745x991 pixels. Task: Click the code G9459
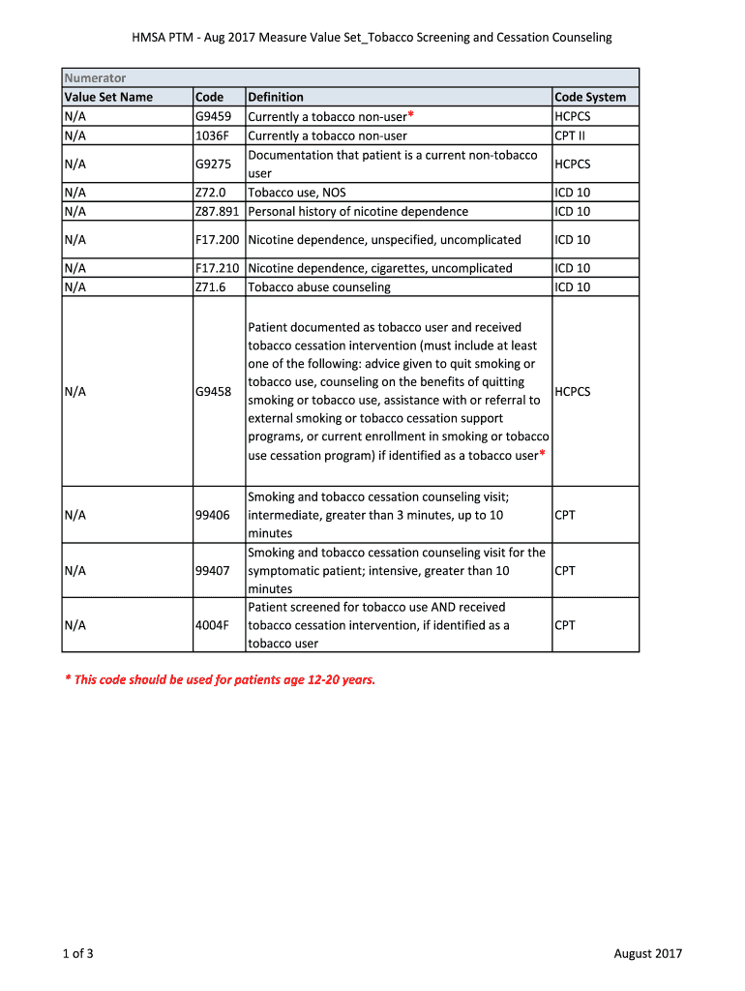213,116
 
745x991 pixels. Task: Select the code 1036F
212,135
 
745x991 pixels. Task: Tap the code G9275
213,165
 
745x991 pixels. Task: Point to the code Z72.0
210,193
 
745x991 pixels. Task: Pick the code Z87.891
218,211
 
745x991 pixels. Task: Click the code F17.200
218,239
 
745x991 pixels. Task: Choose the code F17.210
218,268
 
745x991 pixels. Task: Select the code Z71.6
210,286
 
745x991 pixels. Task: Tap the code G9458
213,392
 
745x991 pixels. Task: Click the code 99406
213,515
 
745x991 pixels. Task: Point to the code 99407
213,571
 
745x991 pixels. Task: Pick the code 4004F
212,625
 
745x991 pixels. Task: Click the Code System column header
590,97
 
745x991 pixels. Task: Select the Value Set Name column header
108,97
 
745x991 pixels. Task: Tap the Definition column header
276,97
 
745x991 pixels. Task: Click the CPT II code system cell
570,135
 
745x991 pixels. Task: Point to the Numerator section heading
95,77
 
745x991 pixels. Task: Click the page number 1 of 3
77,953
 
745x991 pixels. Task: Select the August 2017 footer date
648,953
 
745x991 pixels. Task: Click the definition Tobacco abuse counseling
319,286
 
